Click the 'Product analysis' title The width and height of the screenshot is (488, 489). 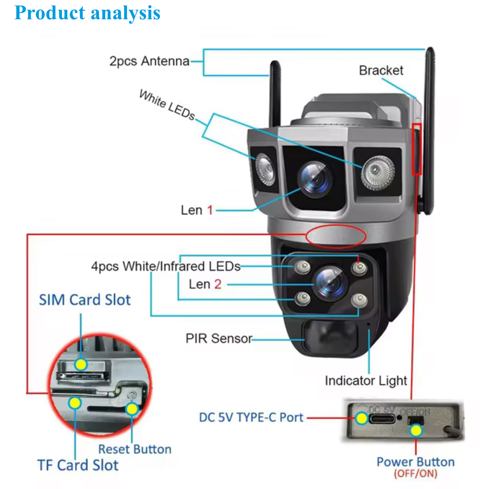click(x=88, y=13)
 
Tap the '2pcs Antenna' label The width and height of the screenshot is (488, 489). click(x=149, y=61)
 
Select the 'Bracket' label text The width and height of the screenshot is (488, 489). click(x=381, y=70)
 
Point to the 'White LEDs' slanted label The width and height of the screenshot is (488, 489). click(x=167, y=104)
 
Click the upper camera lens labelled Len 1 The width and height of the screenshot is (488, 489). click(x=315, y=180)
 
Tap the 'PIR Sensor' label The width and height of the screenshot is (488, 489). click(x=219, y=338)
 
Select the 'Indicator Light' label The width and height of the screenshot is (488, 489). click(x=366, y=381)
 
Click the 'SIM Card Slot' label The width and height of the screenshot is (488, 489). click(x=85, y=300)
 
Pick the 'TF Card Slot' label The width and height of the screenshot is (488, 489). click(x=78, y=465)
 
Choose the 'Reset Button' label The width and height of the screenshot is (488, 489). click(x=135, y=449)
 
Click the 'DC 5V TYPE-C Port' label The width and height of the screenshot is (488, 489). click(x=251, y=417)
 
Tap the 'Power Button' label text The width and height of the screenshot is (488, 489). click(x=416, y=462)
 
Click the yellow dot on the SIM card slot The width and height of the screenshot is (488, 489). click(x=81, y=365)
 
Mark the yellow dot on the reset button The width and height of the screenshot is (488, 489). click(x=132, y=409)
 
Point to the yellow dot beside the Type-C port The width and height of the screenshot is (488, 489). click(x=362, y=418)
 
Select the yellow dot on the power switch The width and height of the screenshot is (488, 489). click(x=416, y=430)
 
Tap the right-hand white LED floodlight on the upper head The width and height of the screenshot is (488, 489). click(x=378, y=173)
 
